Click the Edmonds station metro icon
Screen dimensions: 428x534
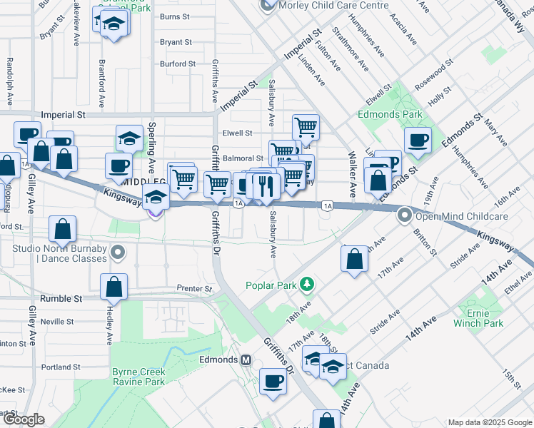pyautogui.click(x=246, y=360)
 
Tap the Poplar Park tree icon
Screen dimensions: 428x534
pyautogui.click(x=307, y=285)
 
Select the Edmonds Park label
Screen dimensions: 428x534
pyautogui.click(x=391, y=114)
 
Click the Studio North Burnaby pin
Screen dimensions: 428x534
pyautogui.click(x=119, y=251)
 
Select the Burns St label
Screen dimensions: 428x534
pyautogui.click(x=174, y=16)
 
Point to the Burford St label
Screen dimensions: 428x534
pyautogui.click(x=178, y=64)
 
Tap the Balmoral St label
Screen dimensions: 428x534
pyautogui.click(x=243, y=158)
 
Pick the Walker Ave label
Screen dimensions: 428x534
pyautogui.click(x=351, y=174)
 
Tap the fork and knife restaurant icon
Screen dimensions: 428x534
pyautogui.click(x=265, y=186)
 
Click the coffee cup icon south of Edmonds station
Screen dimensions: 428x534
pyautogui.click(x=272, y=381)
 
